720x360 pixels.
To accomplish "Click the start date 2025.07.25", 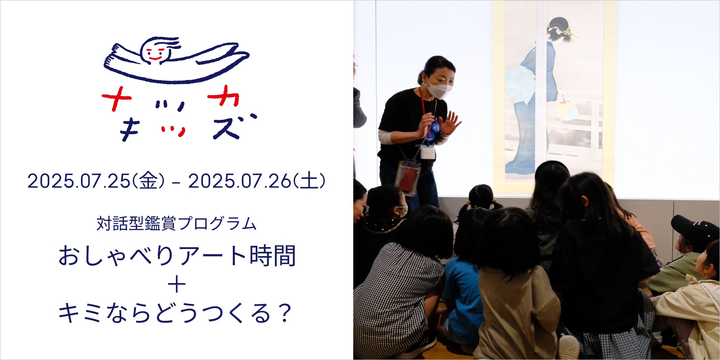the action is point(79,181).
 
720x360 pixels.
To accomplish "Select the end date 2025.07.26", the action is point(240,181).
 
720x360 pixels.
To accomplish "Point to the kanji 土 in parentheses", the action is point(309,181).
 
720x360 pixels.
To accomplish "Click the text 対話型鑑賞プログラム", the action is point(177,224).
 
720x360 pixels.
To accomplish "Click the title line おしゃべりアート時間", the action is point(177,256).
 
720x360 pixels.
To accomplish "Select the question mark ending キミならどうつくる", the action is point(286,313).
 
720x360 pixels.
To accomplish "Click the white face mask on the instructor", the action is point(439,89).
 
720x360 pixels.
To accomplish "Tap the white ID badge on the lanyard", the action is point(428,152).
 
